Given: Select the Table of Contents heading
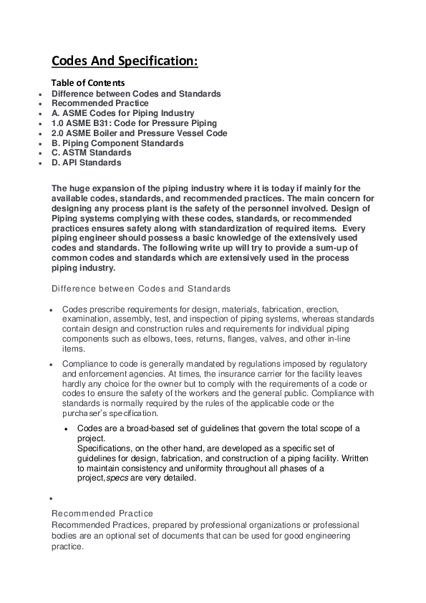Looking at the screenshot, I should (87, 83).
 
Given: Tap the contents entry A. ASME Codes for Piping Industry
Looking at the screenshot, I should (122, 113).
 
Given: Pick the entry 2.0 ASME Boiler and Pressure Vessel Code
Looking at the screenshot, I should (139, 133).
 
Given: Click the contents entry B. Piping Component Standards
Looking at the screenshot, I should (117, 143).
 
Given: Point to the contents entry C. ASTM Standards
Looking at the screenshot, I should (91, 153).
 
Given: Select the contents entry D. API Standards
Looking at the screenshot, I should (86, 163).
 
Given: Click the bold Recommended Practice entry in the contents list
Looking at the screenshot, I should (100, 103).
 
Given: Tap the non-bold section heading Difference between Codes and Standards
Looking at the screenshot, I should (141, 289).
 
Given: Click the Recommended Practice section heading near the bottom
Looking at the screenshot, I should (102, 513).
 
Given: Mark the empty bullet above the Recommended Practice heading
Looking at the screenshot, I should (52, 498).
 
